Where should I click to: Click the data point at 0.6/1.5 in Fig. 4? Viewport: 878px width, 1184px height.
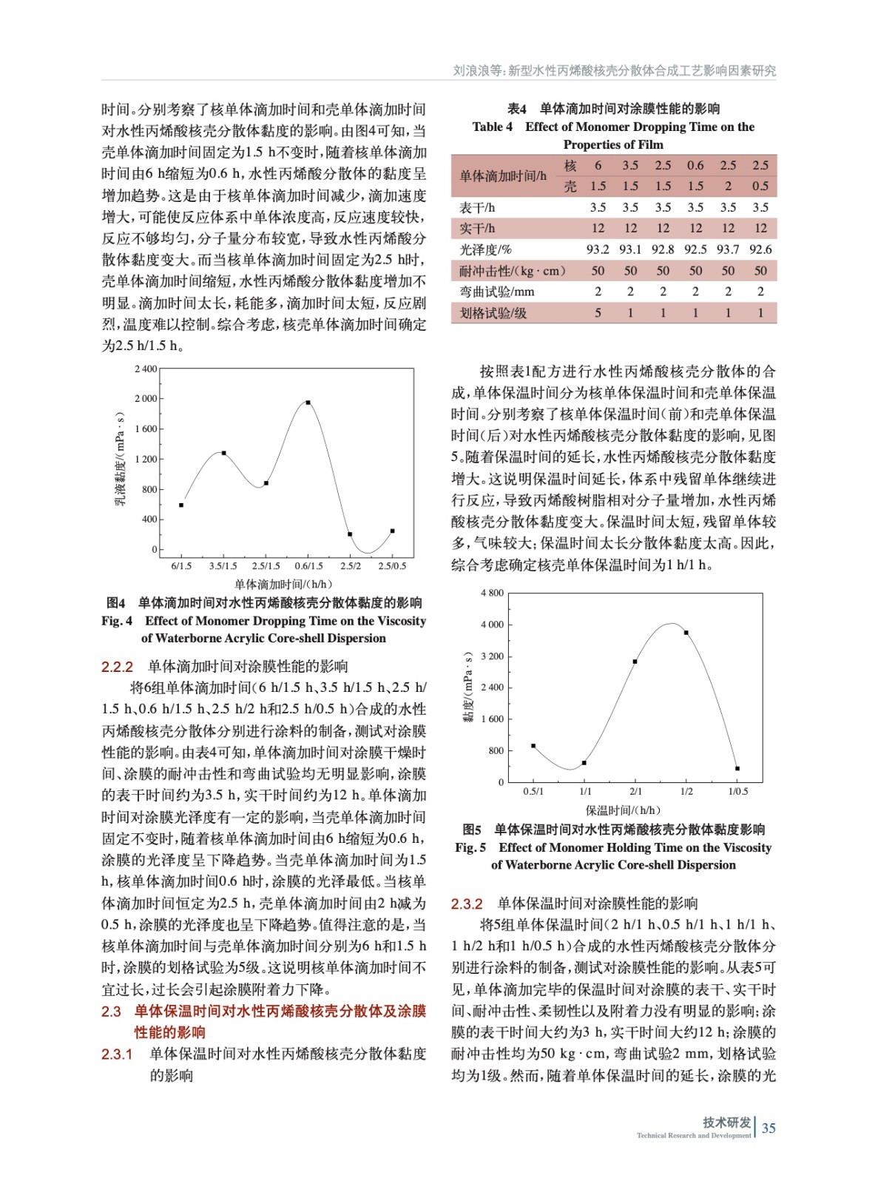click(x=308, y=403)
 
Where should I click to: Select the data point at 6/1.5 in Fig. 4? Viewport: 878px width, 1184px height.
click(x=181, y=505)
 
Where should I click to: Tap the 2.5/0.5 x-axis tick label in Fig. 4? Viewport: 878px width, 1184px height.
click(x=392, y=566)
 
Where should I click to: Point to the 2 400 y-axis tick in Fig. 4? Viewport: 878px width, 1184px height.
click(x=146, y=369)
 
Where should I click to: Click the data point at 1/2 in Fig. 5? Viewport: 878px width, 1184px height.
click(x=686, y=633)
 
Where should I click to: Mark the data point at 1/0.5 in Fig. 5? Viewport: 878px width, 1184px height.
click(x=737, y=769)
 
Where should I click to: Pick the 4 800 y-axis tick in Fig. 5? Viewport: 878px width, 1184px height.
click(x=492, y=593)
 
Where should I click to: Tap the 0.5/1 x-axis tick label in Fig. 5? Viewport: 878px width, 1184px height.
click(x=533, y=791)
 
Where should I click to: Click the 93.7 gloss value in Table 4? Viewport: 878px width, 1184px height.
click(x=728, y=249)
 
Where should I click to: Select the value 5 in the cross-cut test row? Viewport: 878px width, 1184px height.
click(x=598, y=313)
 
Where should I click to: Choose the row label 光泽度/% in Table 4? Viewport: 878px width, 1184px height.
click(x=485, y=249)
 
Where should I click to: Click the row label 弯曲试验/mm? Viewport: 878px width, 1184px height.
click(x=496, y=292)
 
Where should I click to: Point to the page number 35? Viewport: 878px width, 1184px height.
click(x=769, y=1128)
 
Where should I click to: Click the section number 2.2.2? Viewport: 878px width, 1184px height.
click(x=117, y=667)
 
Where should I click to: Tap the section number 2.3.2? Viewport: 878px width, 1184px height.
click(x=467, y=904)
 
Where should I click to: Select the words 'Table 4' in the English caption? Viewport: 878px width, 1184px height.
click(x=492, y=127)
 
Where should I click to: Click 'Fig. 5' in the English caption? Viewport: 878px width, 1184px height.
click(x=470, y=847)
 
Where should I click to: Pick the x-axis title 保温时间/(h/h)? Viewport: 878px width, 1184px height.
click(x=623, y=810)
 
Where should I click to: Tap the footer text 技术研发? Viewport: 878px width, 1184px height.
click(x=726, y=1122)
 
